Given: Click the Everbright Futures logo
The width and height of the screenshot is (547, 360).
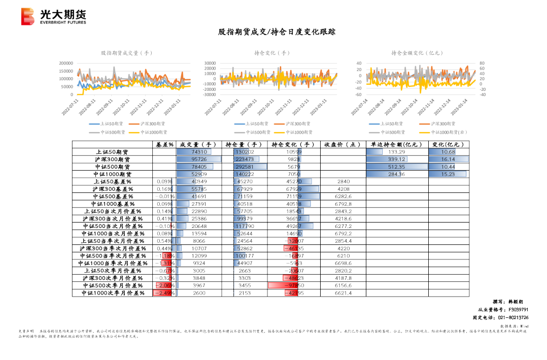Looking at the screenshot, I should (54, 17).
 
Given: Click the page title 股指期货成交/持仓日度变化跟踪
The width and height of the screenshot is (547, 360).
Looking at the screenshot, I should (277, 32).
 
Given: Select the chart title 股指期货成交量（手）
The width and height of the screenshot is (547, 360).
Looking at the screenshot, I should (126, 53).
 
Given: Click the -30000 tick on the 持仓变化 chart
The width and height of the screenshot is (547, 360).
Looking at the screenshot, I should (210, 94).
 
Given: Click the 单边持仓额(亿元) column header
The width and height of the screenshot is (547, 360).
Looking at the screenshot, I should (397, 145).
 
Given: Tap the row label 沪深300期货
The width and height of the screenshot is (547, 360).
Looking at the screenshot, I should (112, 159).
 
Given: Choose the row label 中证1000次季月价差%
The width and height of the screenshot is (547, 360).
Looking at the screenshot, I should (112, 293).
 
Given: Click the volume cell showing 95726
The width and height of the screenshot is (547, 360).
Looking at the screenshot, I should (198, 159).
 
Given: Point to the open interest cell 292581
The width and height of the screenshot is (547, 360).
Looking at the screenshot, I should (245, 167).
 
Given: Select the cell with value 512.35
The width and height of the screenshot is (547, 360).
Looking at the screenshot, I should (396, 167).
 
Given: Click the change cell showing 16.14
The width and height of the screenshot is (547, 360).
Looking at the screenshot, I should (448, 159).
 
